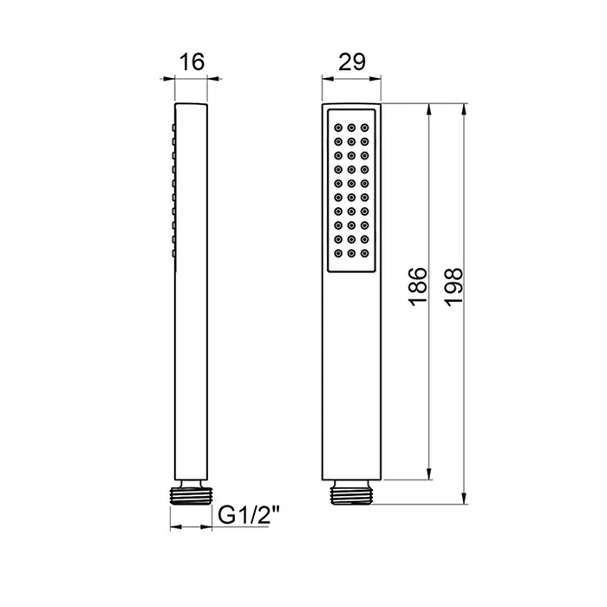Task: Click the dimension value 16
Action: (192, 62)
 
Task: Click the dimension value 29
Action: (351, 62)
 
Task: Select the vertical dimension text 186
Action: (419, 287)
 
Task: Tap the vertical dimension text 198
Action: (454, 287)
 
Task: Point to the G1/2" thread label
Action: (249, 515)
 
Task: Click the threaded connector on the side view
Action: (192, 493)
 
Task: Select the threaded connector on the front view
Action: (351, 493)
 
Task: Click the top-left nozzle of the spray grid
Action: (338, 127)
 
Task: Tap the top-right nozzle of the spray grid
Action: (365, 127)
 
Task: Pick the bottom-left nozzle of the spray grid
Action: (338, 253)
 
